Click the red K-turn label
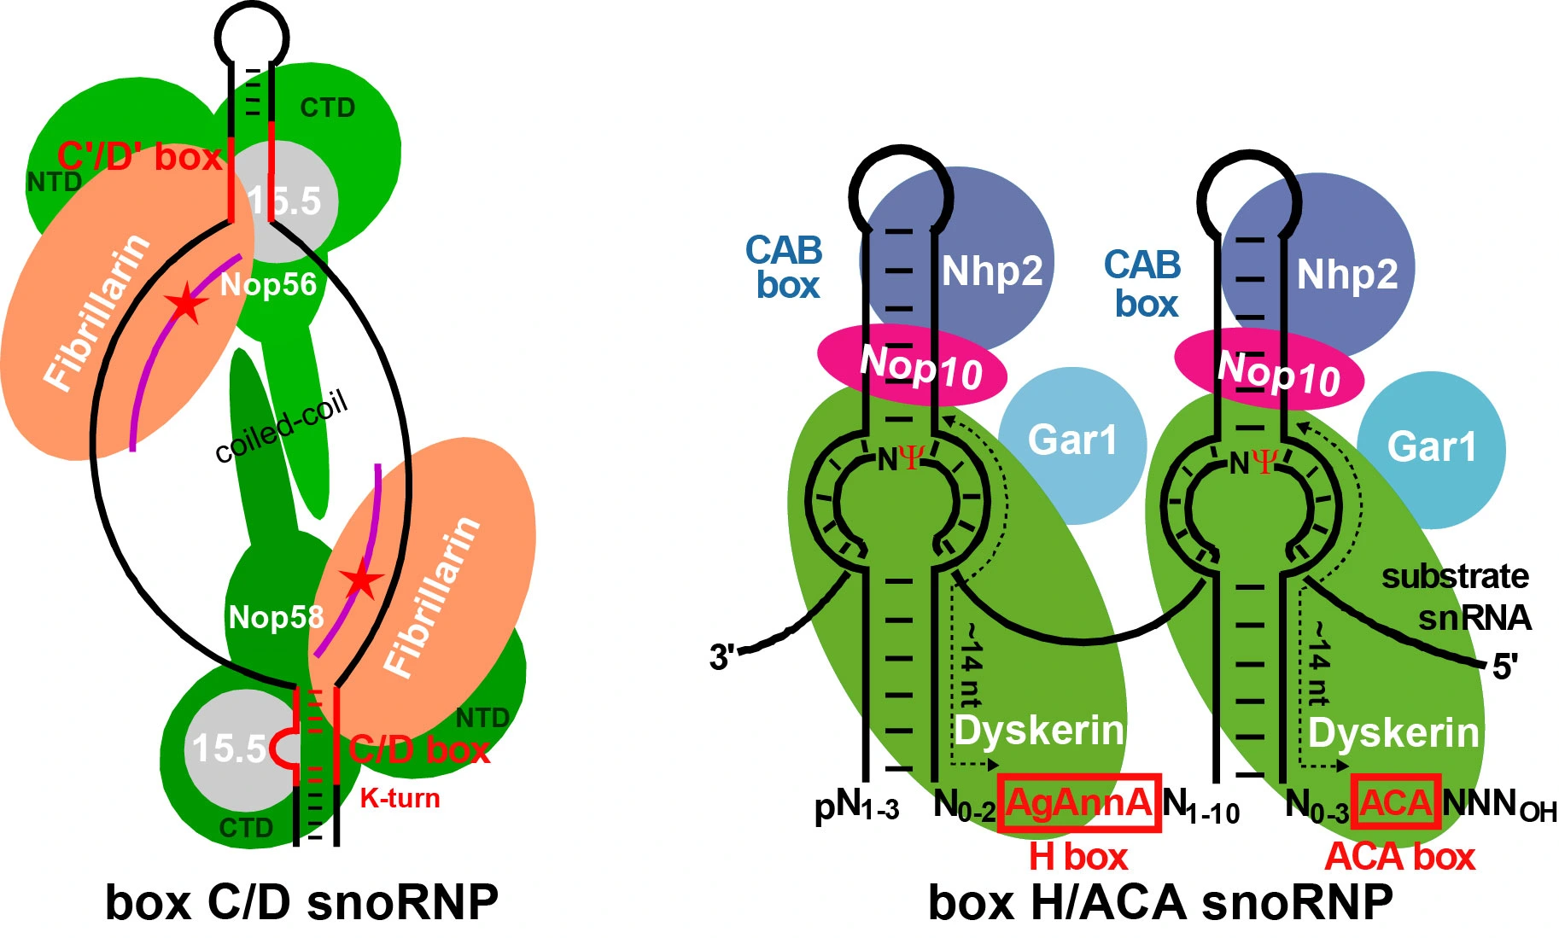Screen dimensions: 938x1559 click(x=400, y=799)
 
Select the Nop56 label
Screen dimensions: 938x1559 click(x=268, y=284)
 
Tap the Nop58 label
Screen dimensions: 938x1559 click(x=276, y=617)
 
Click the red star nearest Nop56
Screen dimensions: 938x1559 click(x=186, y=303)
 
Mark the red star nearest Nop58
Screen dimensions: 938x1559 click(x=363, y=580)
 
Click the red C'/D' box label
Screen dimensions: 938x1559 click(x=140, y=157)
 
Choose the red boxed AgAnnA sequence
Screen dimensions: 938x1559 click(x=1079, y=802)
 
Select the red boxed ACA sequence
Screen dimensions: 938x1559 click(x=1395, y=802)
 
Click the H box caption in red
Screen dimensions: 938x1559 click(x=1077, y=856)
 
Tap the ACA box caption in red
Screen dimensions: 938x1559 click(x=1399, y=856)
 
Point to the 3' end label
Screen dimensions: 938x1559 click(x=721, y=657)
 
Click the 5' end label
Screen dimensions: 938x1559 click(x=1504, y=667)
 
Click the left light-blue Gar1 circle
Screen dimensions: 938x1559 click(x=1071, y=444)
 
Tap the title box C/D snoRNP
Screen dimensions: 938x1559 click(x=301, y=903)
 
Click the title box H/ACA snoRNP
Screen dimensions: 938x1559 click(x=1160, y=903)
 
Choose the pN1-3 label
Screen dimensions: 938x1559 click(x=856, y=807)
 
